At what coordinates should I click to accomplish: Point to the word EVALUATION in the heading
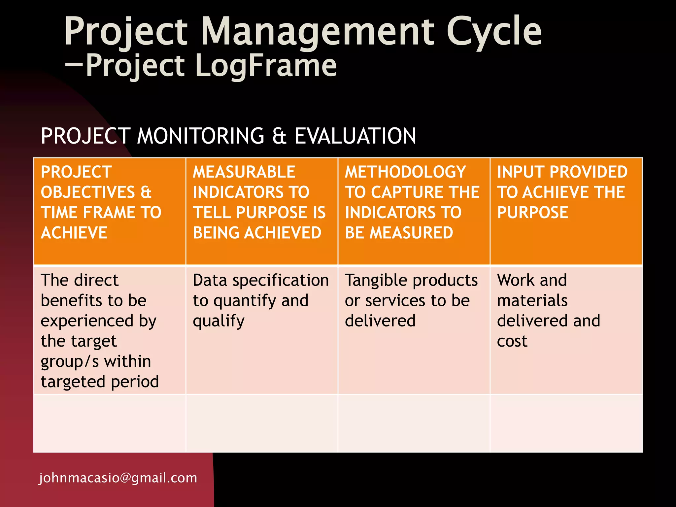[x=355, y=136]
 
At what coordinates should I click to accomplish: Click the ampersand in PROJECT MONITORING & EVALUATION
[x=279, y=136]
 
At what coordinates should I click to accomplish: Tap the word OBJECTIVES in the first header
[x=88, y=192]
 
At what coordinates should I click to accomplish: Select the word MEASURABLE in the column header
[x=244, y=172]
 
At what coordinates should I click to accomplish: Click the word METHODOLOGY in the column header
[x=405, y=172]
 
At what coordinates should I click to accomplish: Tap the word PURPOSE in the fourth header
[x=532, y=212]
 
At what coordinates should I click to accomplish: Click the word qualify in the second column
[x=219, y=321]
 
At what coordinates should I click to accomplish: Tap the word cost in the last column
[x=512, y=341]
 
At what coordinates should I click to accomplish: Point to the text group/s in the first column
[x=69, y=362]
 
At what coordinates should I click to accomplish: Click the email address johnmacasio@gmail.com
[x=118, y=478]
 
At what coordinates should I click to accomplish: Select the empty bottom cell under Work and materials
[x=566, y=423]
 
